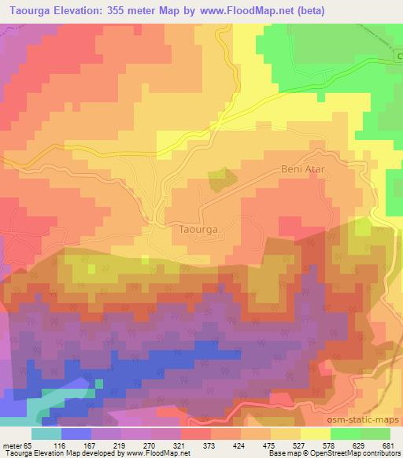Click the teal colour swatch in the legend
coord(46,434)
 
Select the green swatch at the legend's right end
coord(375,434)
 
